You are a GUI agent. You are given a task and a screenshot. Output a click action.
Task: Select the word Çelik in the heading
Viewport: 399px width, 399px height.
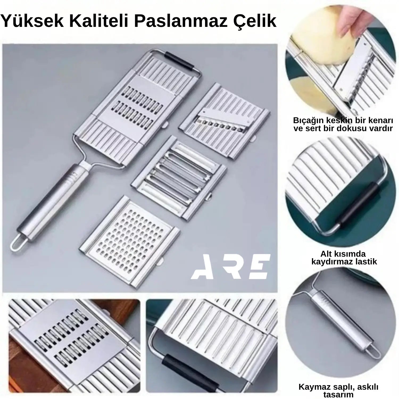click(x=254, y=22)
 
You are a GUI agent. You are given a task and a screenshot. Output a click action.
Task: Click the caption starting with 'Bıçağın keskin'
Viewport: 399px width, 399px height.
click(x=343, y=124)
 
